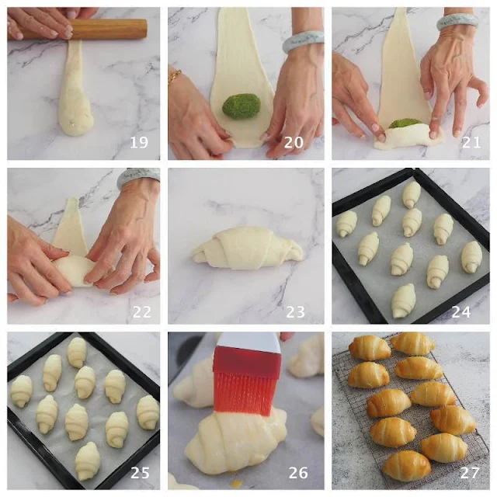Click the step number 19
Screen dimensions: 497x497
tap(139, 143)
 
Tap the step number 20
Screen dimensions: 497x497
tap(294, 143)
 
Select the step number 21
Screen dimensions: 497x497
tap(471, 143)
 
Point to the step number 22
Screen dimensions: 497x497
tap(141, 312)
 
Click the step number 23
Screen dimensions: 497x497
tap(295, 312)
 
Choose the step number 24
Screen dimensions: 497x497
tap(461, 312)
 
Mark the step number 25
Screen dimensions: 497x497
tap(140, 473)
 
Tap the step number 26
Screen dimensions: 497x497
tap(298, 473)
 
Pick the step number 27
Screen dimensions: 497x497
tap(469, 473)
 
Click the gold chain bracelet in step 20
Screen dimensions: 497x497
tap(174, 77)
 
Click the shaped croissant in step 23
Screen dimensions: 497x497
tap(247, 248)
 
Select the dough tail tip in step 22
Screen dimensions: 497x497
tap(74, 199)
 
